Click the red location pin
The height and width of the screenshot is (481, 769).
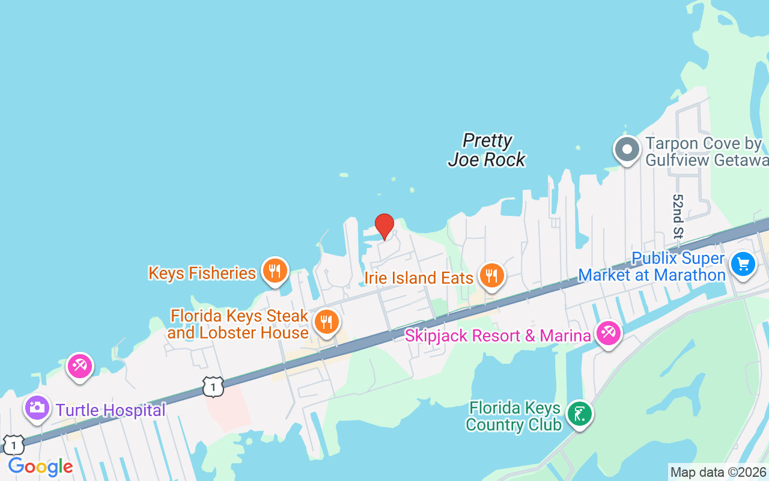[384, 225]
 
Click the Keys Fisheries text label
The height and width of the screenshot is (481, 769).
[202, 273]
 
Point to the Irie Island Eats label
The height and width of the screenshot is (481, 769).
[419, 278]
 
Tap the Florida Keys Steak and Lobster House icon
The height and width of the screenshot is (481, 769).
[326, 322]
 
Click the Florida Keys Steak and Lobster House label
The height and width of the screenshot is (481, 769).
[239, 324]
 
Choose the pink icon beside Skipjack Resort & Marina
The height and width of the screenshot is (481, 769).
[609, 332]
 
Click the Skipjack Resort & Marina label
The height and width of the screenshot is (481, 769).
[497, 335]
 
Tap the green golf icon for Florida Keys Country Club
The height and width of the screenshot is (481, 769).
[580, 414]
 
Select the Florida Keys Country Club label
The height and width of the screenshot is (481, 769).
[514, 417]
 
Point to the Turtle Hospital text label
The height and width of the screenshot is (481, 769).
[111, 411]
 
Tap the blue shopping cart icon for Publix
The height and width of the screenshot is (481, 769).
[743, 263]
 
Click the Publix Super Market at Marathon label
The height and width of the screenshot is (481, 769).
[652, 267]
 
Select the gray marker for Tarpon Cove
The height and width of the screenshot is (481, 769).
[627, 149]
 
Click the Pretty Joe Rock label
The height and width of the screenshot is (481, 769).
[487, 150]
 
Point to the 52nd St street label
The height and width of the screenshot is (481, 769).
[678, 216]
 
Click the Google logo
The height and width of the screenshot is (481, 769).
[40, 467]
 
